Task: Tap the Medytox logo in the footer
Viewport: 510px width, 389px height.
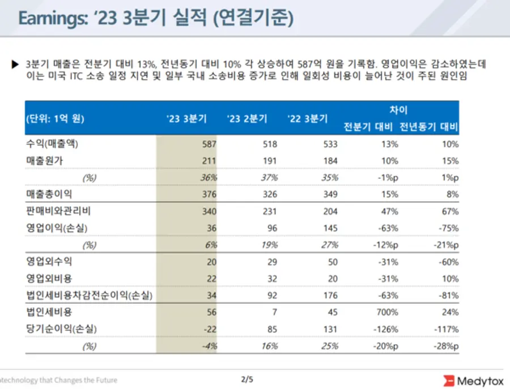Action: (473, 380)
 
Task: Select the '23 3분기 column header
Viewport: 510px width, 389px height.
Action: (186, 119)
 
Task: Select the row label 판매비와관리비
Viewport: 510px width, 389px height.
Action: (58, 211)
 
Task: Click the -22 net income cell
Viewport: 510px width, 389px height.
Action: (210, 328)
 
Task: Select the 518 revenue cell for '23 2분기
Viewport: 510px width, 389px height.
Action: (270, 144)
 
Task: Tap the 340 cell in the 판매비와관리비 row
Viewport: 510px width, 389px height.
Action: (210, 211)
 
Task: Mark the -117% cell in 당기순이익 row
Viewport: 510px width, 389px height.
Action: (447, 328)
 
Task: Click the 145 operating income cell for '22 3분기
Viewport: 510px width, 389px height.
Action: (330, 228)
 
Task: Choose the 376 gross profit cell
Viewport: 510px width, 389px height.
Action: (210, 194)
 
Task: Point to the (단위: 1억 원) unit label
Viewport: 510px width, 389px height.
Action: (54, 119)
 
